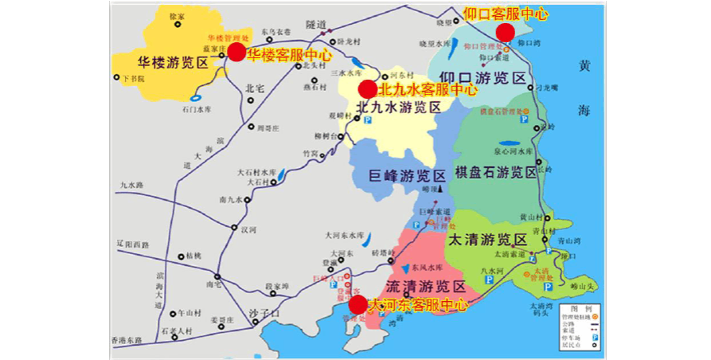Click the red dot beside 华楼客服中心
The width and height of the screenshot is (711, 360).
tap(236, 52)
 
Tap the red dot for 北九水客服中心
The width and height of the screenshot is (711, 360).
tap(367, 89)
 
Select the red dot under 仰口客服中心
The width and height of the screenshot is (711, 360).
tap(505, 32)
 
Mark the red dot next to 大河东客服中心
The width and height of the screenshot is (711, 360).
tap(358, 304)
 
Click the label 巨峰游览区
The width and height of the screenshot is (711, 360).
tap(408, 176)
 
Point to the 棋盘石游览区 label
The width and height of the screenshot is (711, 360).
tap(495, 173)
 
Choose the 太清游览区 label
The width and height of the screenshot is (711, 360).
tap(488, 240)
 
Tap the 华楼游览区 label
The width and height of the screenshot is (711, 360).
tap(172, 62)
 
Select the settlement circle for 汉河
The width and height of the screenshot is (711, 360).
tap(236, 229)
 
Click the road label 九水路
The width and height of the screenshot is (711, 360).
tap(131, 185)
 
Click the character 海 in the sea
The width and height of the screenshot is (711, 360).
tap(586, 109)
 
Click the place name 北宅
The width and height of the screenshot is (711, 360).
tap(255, 88)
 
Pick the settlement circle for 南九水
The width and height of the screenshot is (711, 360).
tap(246, 200)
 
